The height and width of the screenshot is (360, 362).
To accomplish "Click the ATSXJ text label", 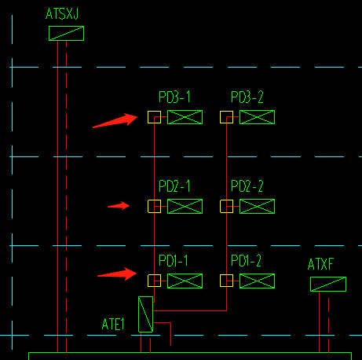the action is pos(62,14).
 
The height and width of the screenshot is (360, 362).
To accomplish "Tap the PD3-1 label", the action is pos(174,97).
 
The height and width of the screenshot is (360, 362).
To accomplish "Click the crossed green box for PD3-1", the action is pos(185,117).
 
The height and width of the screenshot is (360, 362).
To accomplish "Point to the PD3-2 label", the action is pos(247,97).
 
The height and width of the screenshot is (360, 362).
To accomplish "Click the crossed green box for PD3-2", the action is pos(257,117).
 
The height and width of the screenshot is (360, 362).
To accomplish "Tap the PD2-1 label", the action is pos(174,186).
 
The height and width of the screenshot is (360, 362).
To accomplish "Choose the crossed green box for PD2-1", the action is pos(185,206).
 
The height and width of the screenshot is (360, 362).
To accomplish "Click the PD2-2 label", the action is pos(247,186).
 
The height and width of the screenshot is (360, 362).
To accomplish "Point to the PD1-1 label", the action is pos(174,261).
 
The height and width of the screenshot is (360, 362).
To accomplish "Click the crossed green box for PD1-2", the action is pos(257,281).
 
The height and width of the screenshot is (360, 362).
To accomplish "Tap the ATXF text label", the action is pos(320,264).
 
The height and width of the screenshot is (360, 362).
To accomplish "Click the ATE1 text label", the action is pos(113,325).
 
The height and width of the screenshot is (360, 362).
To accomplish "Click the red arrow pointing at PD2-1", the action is pos(119,206).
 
